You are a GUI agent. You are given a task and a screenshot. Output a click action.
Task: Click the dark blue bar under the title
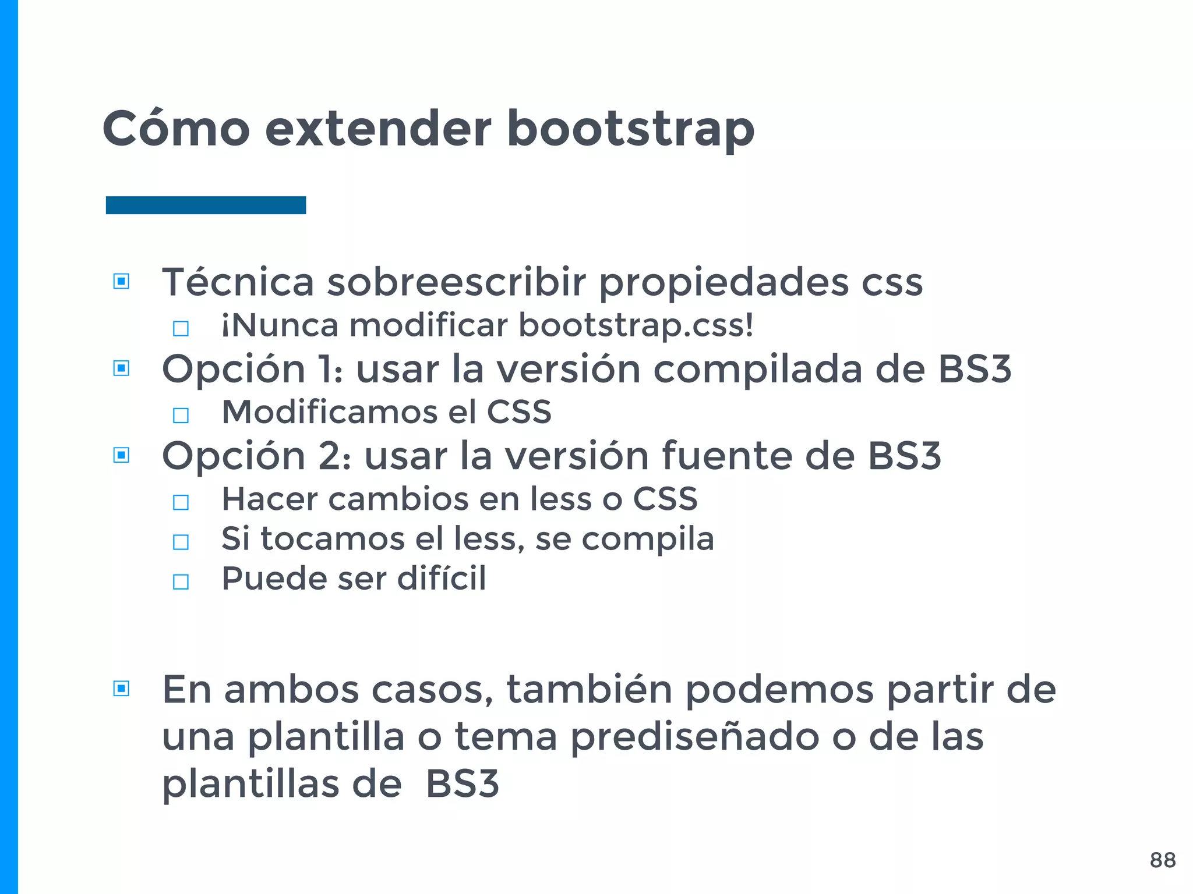coord(206,205)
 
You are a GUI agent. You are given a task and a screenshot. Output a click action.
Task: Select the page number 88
coord(1163,860)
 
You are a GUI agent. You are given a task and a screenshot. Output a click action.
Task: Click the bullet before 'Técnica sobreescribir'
coord(121,282)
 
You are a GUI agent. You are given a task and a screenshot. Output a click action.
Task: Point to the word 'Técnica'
coord(238,282)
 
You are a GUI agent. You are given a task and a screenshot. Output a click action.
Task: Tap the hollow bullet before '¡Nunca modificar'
coord(181,329)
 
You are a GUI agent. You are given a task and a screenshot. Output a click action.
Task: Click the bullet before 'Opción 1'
coord(121,368)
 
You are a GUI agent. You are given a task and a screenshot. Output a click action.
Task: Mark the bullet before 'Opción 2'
coord(121,455)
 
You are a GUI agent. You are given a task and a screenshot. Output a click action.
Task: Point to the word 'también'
coord(589,690)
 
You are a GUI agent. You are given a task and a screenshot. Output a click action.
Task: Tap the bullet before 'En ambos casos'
coord(121,689)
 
